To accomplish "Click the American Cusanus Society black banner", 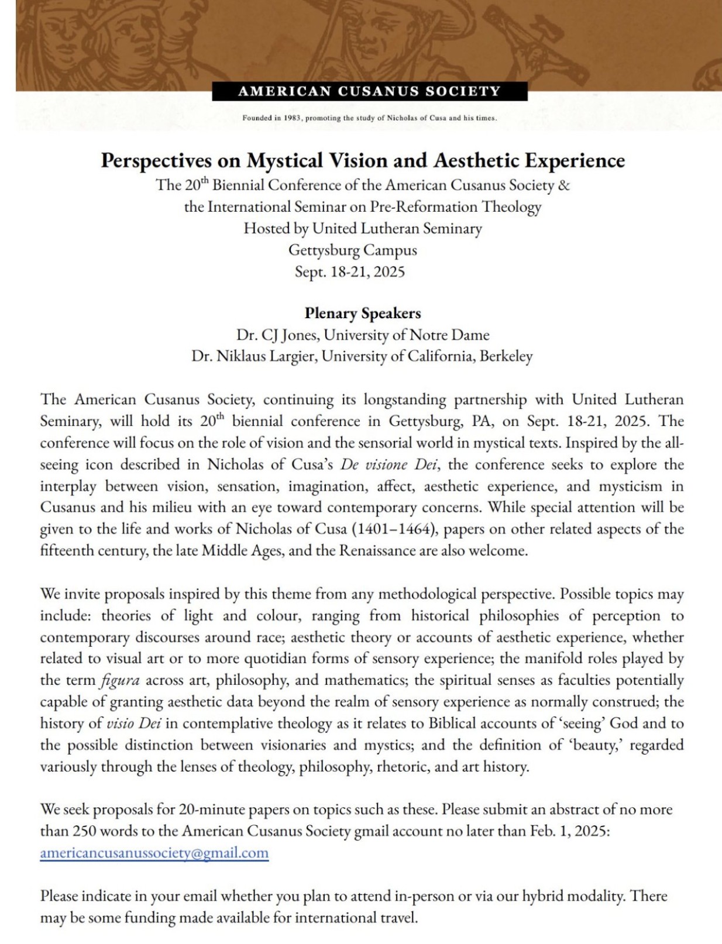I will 369,91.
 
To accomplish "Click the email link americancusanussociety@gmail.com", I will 154,853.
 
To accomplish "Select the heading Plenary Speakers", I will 362,313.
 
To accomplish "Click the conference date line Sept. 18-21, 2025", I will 350,272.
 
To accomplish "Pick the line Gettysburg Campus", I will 352,250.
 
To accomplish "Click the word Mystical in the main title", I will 284,160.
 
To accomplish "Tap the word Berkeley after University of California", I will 506,356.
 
